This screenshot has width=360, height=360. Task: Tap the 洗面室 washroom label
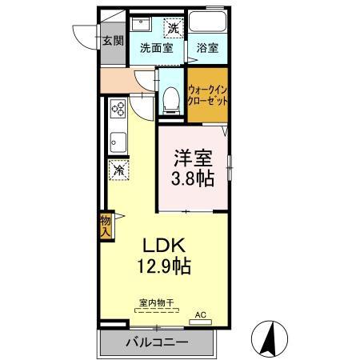157,47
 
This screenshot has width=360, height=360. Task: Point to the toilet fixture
170,98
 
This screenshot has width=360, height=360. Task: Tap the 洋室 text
193,158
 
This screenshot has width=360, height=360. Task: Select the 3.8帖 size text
193,178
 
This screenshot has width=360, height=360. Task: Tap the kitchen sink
117,141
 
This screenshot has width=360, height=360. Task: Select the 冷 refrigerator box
118,170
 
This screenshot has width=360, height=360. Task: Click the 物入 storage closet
106,225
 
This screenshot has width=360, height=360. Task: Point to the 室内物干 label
157,302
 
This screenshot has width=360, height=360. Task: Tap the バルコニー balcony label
157,343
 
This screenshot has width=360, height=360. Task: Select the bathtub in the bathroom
208,24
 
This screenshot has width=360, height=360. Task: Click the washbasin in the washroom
142,24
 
